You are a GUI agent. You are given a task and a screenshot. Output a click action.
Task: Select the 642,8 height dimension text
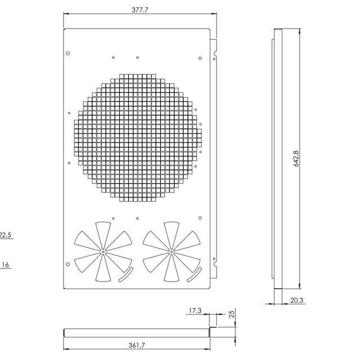coord(296,158)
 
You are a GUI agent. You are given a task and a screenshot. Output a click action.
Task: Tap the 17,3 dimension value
coord(195,310)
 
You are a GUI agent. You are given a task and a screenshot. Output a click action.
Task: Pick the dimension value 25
coord(232,314)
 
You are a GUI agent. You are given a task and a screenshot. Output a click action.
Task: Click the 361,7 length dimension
coord(136,345)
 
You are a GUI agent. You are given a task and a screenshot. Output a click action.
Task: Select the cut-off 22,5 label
coord(6,235)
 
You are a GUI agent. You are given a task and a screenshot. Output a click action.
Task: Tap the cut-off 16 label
coord(6,264)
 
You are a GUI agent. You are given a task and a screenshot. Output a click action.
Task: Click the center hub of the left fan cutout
coord(103,251)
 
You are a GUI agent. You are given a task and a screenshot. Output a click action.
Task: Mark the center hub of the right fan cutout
coord(171,251)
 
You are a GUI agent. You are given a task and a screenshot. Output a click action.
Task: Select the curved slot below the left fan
coord(125,275)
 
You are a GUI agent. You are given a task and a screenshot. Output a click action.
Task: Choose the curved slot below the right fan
coord(194,275)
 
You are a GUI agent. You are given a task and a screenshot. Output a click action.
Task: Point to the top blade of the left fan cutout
coord(103,233)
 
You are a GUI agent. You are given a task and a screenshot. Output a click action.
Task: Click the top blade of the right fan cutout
coord(171,233)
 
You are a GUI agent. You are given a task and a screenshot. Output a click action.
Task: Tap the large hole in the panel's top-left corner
coord(68,53)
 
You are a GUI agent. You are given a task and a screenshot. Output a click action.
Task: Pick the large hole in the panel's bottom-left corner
coord(68,264)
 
